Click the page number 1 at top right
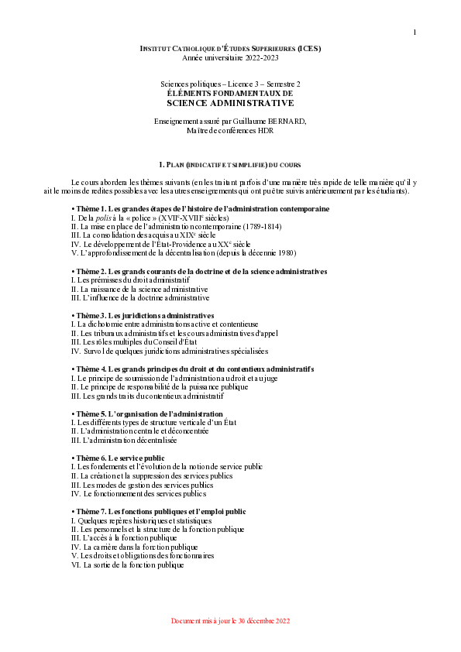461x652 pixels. click(x=415, y=32)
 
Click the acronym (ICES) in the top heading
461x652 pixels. click(x=309, y=49)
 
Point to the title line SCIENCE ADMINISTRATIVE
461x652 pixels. click(x=230, y=102)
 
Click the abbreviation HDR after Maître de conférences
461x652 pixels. click(x=265, y=131)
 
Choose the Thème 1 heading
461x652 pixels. click(x=200, y=209)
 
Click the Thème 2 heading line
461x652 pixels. click(x=198, y=272)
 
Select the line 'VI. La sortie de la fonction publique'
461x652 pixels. click(x=127, y=564)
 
